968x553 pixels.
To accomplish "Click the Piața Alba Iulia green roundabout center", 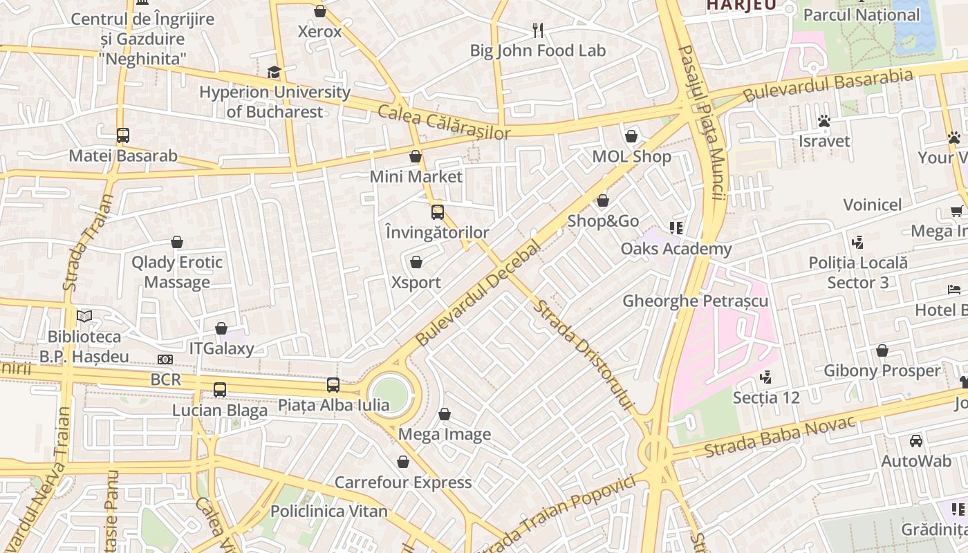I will tap(391, 394).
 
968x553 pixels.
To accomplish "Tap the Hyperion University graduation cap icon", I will tap(274, 72).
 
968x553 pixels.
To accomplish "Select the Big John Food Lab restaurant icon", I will tap(538, 30).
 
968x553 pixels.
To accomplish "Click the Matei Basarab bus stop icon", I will tap(123, 135).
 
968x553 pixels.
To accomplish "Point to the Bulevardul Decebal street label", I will tap(477, 293).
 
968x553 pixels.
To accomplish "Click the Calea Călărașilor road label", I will tap(443, 122).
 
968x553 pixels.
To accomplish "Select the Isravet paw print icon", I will tap(823, 121).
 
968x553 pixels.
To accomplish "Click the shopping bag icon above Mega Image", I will tap(445, 414).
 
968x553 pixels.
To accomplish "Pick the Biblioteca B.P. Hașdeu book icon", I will tap(84, 317).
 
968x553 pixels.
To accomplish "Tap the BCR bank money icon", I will tap(165, 359).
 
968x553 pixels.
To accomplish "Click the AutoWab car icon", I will tap(916, 441).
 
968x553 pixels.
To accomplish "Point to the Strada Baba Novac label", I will tap(780, 436).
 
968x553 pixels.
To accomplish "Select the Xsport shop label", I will tap(416, 283).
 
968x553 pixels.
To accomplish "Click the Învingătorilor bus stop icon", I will tap(438, 212).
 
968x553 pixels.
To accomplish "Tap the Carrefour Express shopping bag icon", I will tap(403, 462).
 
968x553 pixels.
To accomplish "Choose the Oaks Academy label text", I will tap(676, 249).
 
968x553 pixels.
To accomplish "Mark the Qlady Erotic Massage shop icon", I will tap(177, 242).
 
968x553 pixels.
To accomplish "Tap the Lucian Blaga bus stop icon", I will tap(220, 390).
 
